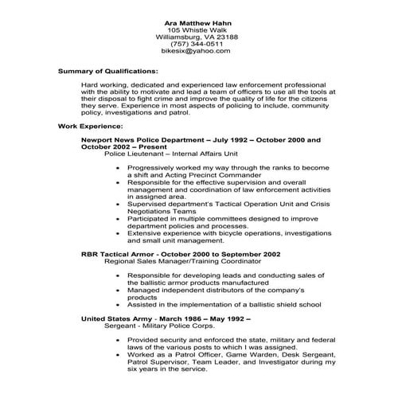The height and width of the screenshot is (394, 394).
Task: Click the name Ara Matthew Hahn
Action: pyautogui.click(x=196, y=20)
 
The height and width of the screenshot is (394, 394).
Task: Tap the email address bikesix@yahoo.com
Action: pyautogui.click(x=196, y=50)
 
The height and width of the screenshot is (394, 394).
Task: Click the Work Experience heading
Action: pyautogui.click(x=90, y=126)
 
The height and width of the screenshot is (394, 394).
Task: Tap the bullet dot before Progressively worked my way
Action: pyautogui.click(x=118, y=170)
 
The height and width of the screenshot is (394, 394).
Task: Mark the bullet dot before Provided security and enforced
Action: pyautogui.click(x=118, y=340)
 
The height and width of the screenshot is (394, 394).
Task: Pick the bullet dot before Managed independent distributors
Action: pyautogui.click(x=118, y=290)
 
